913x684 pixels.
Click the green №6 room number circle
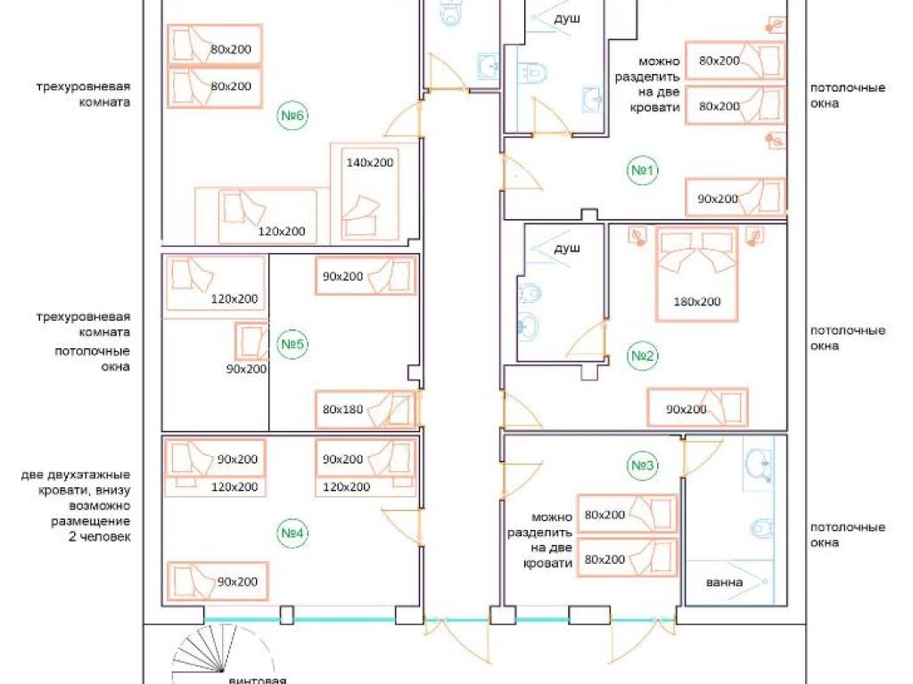point(292,115)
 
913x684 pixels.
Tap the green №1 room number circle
point(642,170)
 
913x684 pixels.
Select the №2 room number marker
point(642,355)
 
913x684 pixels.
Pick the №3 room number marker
point(642,465)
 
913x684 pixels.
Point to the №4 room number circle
point(292,533)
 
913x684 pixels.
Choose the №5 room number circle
point(292,344)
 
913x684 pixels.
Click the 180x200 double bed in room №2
point(697,273)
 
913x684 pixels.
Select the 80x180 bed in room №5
point(366,410)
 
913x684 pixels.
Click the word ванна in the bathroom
point(724,582)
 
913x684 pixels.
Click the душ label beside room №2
point(566,248)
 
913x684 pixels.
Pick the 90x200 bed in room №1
point(736,197)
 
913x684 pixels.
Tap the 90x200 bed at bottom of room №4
point(218,581)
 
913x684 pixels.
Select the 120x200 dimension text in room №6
point(282,231)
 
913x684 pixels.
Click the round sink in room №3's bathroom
point(758,464)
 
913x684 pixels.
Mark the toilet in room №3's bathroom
point(761,528)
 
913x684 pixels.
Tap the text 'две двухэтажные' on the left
point(76,475)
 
